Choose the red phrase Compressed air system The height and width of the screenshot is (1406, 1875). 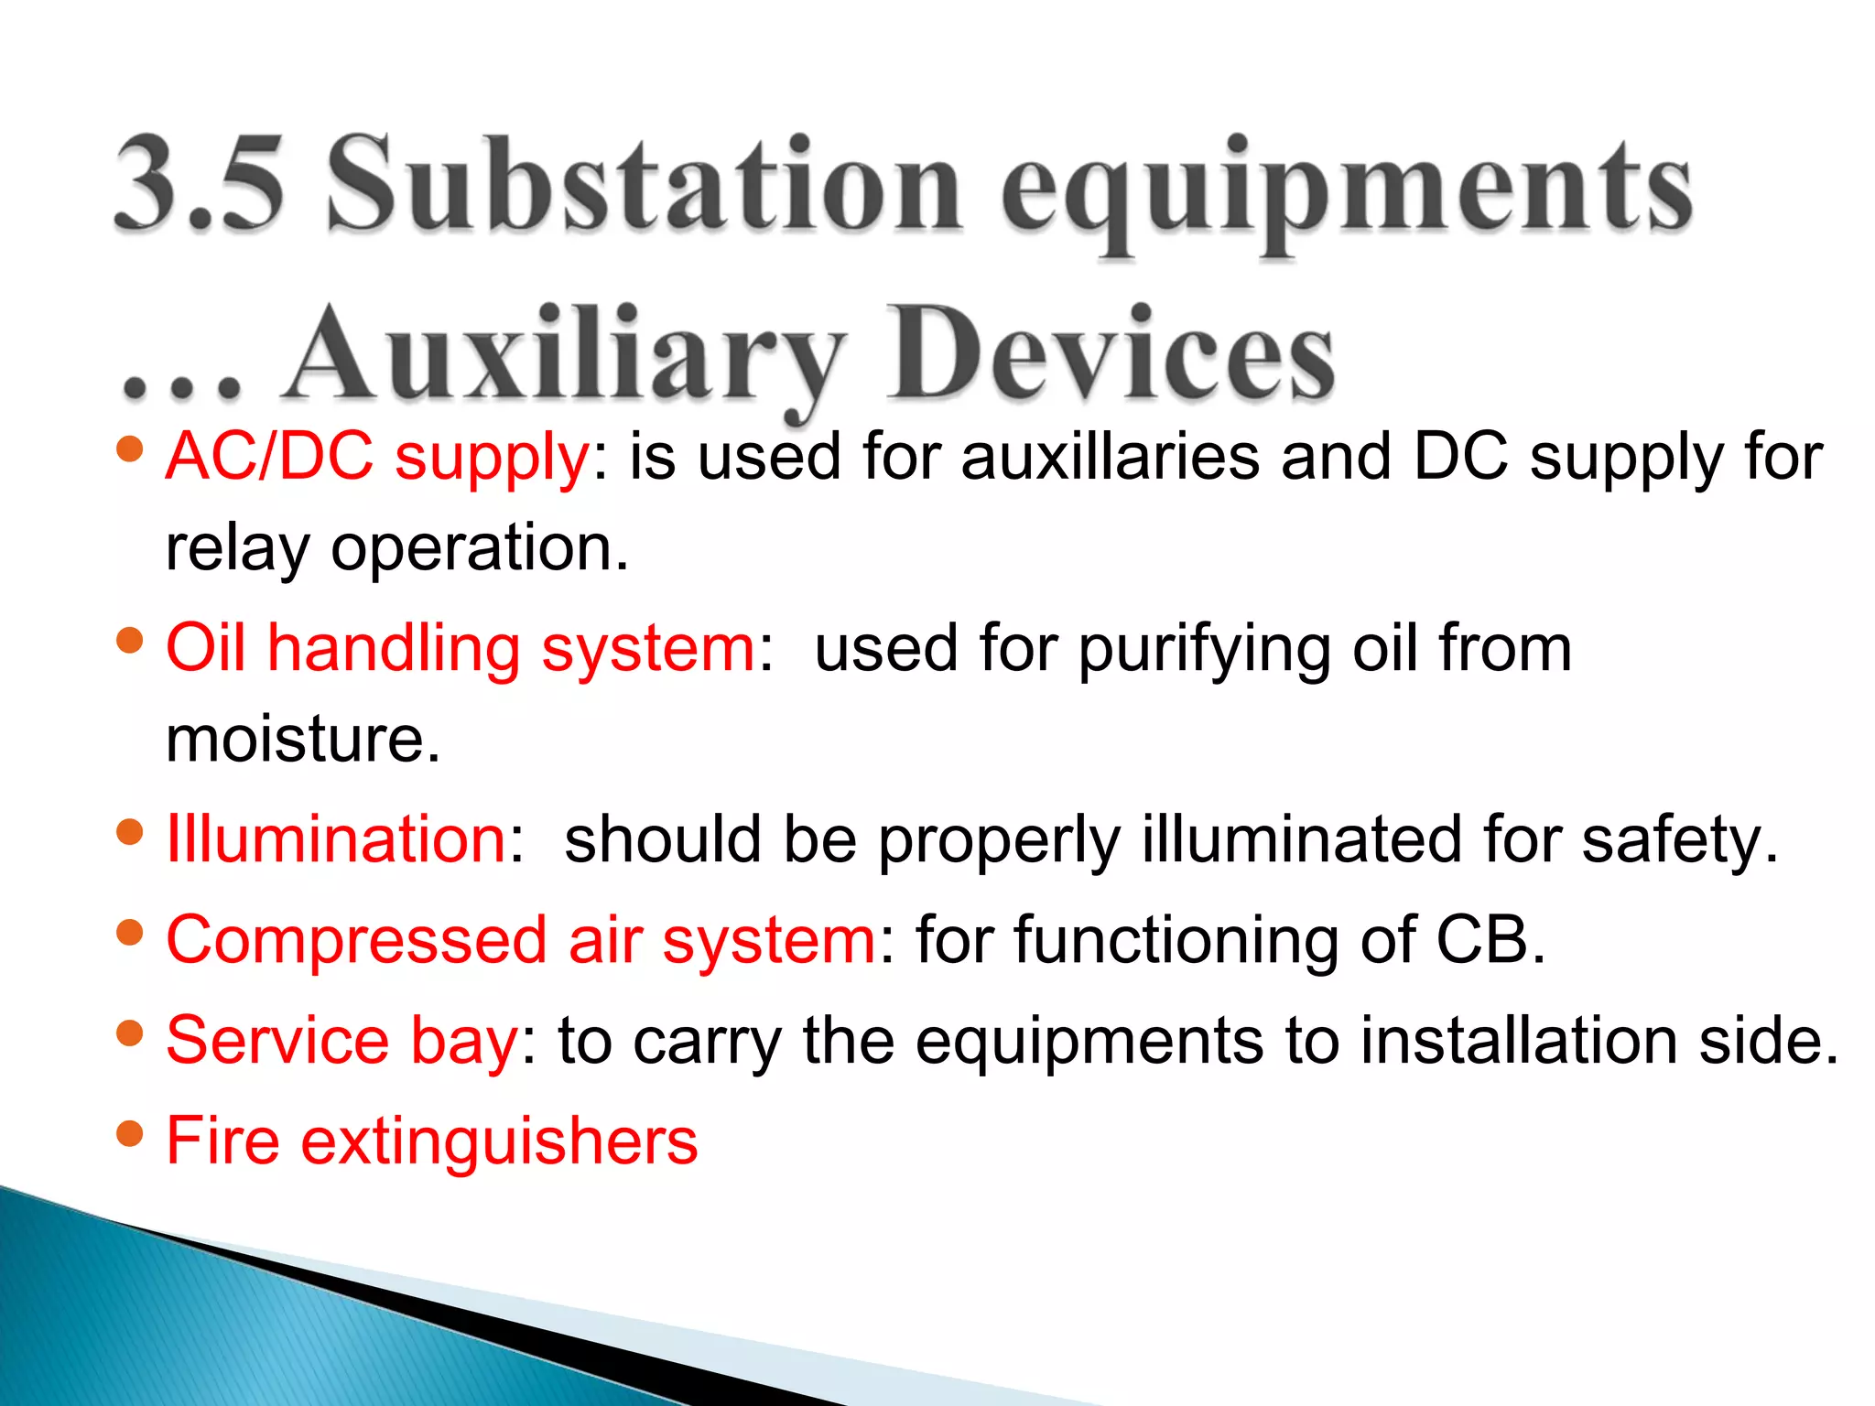(521, 940)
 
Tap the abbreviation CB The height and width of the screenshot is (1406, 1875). (1488, 940)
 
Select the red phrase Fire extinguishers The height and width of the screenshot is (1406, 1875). (431, 1141)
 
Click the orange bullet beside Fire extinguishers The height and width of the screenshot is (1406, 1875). (131, 1134)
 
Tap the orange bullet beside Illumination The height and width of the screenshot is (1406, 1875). (131, 832)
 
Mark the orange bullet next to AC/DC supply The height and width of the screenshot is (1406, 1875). (131, 449)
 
